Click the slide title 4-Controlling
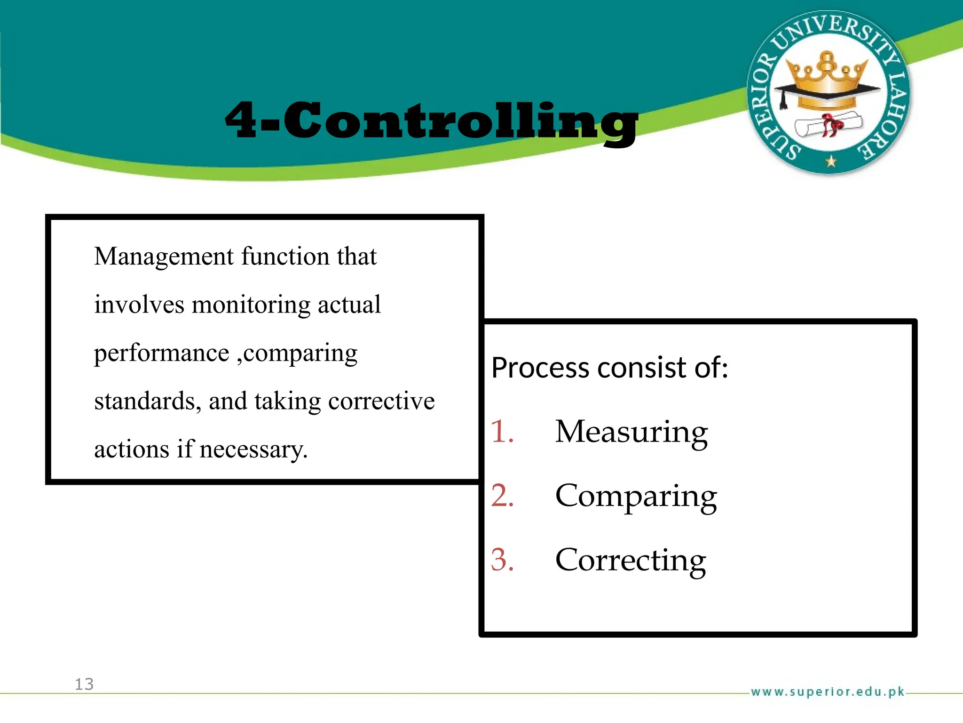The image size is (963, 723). pos(431,121)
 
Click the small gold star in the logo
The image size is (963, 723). pos(831,161)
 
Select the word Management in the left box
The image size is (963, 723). pos(164,257)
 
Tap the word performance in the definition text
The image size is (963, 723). pos(161,353)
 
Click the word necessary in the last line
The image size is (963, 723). pos(253,449)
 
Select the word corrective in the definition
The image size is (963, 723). pos(381,401)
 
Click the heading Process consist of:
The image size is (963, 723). pos(609,368)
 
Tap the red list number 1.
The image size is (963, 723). pos(502,431)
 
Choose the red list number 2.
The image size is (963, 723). pos(502,496)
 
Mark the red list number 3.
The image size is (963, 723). pos(502,560)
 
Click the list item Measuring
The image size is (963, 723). pos(631,432)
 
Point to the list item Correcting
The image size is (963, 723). pos(630,560)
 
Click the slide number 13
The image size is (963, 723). pos(84,684)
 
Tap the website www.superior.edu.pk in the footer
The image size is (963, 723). pos(827,691)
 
